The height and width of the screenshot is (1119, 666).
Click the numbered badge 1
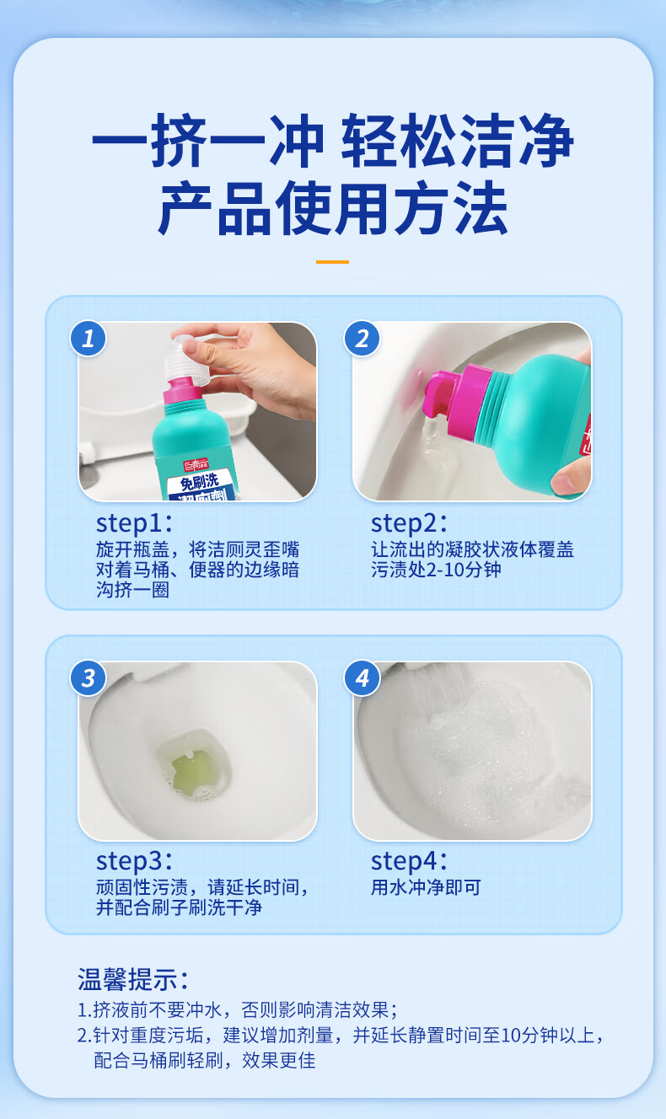point(88,338)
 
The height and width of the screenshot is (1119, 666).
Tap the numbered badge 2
point(363,338)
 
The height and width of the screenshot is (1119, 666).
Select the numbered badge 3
point(88,678)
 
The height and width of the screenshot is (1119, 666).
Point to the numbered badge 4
point(363,678)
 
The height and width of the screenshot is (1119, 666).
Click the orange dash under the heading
point(332,261)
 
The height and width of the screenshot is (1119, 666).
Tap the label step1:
point(134,523)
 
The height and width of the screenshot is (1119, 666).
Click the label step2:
point(409,523)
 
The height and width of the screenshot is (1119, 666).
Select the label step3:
point(134,860)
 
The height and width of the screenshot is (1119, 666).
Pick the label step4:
point(409,860)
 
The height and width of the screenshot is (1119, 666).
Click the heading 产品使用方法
point(333,208)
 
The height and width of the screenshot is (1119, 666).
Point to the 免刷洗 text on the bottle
point(199,482)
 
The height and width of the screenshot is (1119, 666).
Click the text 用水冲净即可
point(426,887)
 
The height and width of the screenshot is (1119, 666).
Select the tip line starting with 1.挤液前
point(238,1009)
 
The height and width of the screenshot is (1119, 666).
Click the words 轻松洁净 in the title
point(458,140)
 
